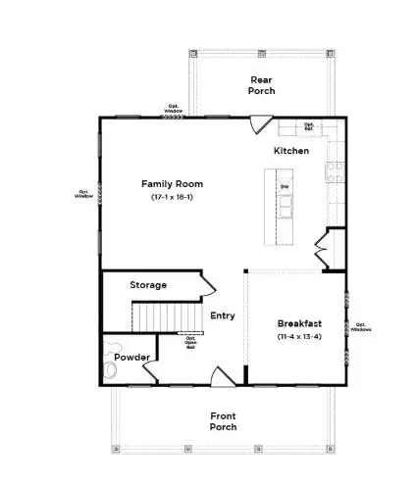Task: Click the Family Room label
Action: point(172,183)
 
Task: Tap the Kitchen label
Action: point(291,151)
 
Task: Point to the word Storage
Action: point(148,285)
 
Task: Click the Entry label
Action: point(223,315)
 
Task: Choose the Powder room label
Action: point(130,358)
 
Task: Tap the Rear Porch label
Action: point(262,84)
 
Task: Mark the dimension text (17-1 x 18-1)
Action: point(172,199)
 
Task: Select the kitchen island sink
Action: point(286,207)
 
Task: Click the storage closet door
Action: point(207,283)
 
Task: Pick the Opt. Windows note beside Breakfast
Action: point(360,327)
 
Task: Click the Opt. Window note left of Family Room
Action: point(83,194)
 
